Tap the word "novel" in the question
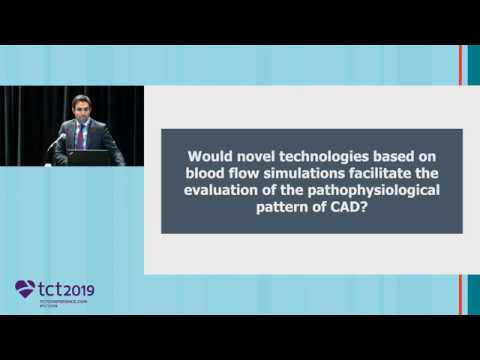point(255,156)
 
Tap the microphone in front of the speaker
point(58,141)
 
